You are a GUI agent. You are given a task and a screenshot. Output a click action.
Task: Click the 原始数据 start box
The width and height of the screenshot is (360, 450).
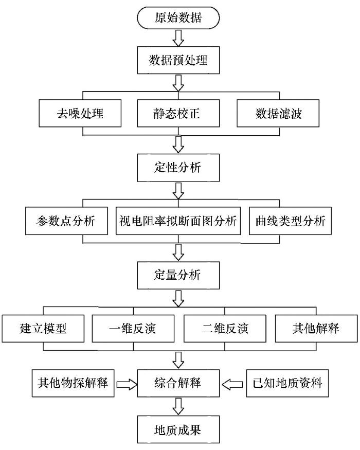pyautogui.click(x=178, y=18)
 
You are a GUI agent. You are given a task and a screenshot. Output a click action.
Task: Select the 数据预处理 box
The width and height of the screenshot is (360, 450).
pyautogui.click(x=178, y=60)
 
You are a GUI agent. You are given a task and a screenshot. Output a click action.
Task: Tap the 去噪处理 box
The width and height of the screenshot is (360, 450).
pyautogui.click(x=80, y=113)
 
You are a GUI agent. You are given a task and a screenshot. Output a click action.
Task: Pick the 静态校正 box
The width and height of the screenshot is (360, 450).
pyautogui.click(x=178, y=113)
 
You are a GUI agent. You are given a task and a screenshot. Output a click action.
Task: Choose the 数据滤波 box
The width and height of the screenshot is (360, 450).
pyautogui.click(x=278, y=113)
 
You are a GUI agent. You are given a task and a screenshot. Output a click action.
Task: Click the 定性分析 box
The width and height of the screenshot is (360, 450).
pyautogui.click(x=178, y=168)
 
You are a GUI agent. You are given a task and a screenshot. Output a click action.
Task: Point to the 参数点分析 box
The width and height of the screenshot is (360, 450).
pyautogui.click(x=66, y=221)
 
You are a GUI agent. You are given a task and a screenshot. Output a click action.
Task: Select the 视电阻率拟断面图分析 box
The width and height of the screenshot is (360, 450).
pyautogui.click(x=178, y=221)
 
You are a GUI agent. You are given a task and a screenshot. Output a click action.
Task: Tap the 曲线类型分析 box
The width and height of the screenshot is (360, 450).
pyautogui.click(x=290, y=221)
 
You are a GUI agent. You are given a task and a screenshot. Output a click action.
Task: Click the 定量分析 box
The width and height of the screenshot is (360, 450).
pyautogui.click(x=178, y=275)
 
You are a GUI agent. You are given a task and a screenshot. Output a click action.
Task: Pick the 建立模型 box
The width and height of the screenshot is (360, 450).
pyautogui.click(x=43, y=328)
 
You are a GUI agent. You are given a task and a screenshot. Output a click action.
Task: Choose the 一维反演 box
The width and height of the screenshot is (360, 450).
pyautogui.click(x=133, y=328)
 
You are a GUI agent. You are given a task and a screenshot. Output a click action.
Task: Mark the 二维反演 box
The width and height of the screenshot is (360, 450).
pyautogui.click(x=225, y=328)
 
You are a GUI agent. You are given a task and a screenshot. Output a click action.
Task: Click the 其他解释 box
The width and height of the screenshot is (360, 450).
pyautogui.click(x=316, y=328)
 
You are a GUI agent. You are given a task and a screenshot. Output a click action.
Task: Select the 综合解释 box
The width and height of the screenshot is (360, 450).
pyautogui.click(x=178, y=383)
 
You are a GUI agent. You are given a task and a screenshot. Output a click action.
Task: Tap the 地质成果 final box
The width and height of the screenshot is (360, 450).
pyautogui.click(x=178, y=429)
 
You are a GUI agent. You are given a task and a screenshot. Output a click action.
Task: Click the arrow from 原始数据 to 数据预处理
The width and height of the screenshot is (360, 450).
pyautogui.click(x=178, y=38)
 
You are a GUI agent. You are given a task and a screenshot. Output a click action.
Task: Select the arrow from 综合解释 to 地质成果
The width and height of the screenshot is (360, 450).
pyautogui.click(x=178, y=406)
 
